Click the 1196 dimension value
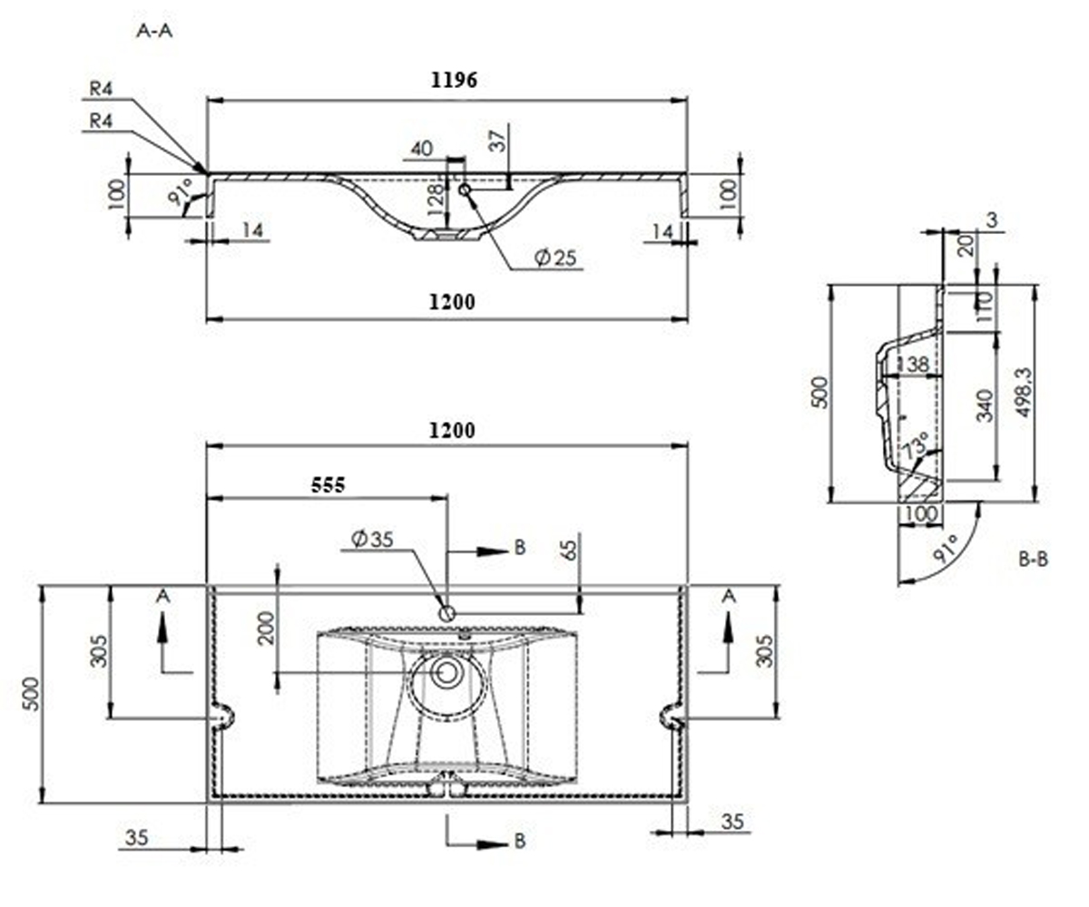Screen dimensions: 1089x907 point(454,80)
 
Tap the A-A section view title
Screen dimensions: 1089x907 point(154,31)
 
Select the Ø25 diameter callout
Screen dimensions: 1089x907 point(555,258)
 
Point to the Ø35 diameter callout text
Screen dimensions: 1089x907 point(372,539)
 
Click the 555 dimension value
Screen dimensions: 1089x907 point(328,485)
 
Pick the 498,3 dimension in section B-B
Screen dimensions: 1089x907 point(1024,393)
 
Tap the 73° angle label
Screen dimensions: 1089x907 point(916,445)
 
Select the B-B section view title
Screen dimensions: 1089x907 point(1034,560)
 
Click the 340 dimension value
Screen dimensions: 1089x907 point(985,405)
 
